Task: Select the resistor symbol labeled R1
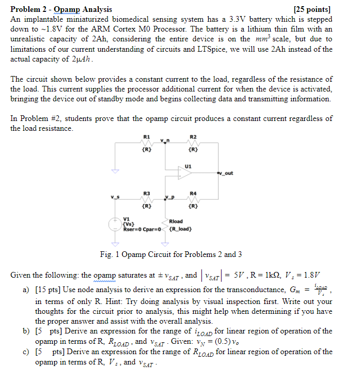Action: pos(147,143)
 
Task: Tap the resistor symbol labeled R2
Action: pos(192,143)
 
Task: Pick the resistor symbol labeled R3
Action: pos(147,200)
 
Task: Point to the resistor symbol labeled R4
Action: pos(192,200)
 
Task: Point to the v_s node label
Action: pos(114,196)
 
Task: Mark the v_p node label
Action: pos(170,196)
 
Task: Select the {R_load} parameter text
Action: pos(181,229)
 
